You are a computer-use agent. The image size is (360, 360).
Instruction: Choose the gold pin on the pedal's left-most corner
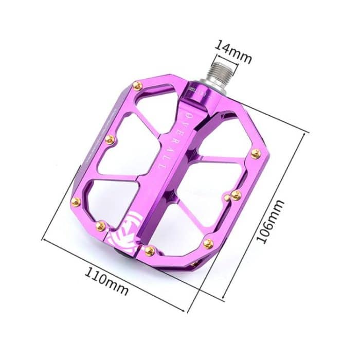point(75,201)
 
